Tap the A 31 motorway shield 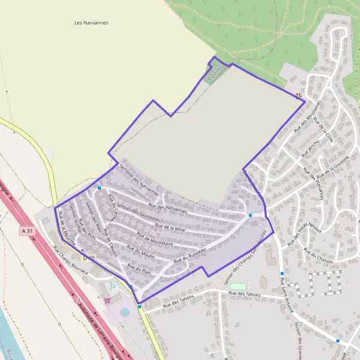[26, 231]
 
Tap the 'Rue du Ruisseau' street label [190, 256]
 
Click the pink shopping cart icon [107, 300]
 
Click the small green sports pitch [238, 286]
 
